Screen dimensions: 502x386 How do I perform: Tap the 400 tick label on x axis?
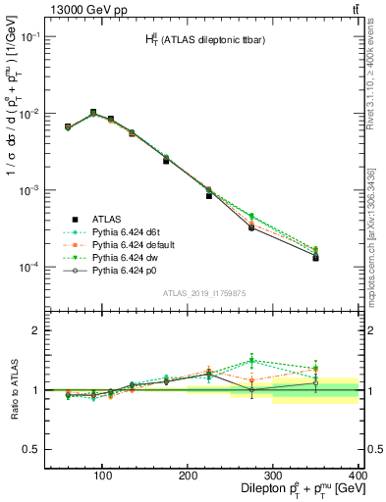(x=356, y=475)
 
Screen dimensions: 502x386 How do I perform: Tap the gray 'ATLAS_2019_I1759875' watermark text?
(x=204, y=291)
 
